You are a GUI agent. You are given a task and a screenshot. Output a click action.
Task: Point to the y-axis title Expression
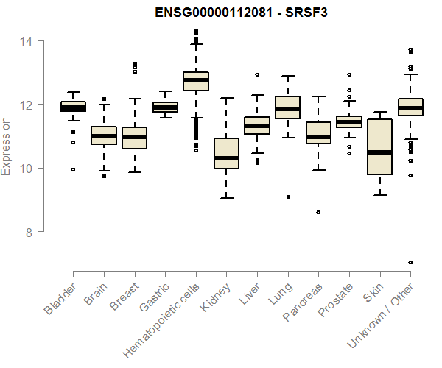coord(7,146)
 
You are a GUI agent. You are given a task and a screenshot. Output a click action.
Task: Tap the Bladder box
coord(73,107)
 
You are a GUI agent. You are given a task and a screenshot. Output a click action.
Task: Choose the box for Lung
coord(287,107)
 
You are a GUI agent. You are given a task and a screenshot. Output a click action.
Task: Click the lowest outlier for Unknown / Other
coord(410,262)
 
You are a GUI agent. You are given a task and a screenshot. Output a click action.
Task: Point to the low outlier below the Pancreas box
coord(318,212)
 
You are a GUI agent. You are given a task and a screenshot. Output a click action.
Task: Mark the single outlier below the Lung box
coord(287,197)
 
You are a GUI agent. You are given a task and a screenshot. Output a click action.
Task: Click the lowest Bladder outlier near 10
coord(73,169)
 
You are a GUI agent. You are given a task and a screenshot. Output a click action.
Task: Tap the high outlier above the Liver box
coord(257,74)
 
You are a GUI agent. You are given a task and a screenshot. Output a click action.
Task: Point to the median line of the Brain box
coord(104,136)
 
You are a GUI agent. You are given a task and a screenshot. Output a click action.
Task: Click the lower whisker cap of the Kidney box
coord(226,198)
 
